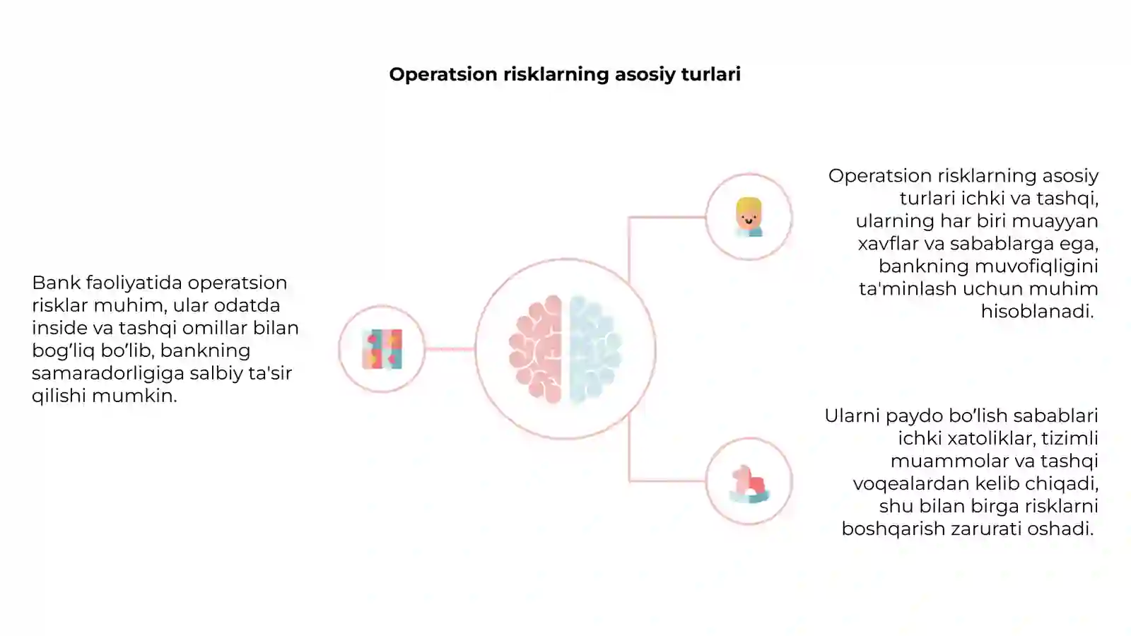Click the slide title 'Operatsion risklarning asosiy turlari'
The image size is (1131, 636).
click(565, 75)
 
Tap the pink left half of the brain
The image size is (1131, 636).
click(536, 349)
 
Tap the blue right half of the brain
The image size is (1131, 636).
click(595, 349)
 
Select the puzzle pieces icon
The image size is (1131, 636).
click(382, 349)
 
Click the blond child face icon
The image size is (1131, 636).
click(749, 217)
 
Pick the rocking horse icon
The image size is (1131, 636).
click(749, 484)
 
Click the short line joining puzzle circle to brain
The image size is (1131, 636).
click(450, 349)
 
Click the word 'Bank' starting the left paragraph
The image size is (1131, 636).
click(56, 283)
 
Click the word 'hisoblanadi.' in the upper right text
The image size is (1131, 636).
click(1037, 312)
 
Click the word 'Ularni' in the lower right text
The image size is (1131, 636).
click(852, 416)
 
